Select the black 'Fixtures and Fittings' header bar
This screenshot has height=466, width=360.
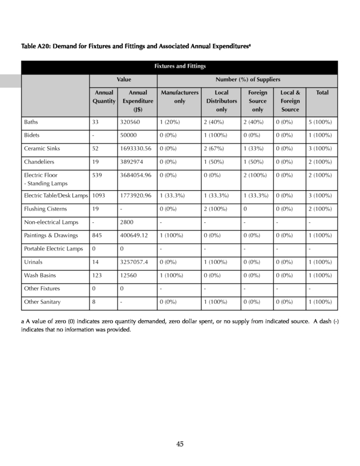pos(179,67)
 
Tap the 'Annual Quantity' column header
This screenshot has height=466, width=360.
pos(103,96)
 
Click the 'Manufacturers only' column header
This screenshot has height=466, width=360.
pos(179,96)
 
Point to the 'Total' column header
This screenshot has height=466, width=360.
pos(322,92)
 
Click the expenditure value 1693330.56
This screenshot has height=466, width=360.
pos(136,149)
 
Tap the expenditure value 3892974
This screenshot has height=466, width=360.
pos(132,162)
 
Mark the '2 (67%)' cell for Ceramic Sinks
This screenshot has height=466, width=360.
pos(214,149)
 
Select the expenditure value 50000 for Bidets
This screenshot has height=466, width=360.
pos(128,136)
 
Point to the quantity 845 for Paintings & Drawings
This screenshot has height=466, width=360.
pos(98,235)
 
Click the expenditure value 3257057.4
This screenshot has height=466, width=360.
pos(134,262)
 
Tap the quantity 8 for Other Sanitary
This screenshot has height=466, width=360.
pos(93,302)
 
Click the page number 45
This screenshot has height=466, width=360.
pos(179,444)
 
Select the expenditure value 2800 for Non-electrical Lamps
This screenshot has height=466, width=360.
pos(127,222)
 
